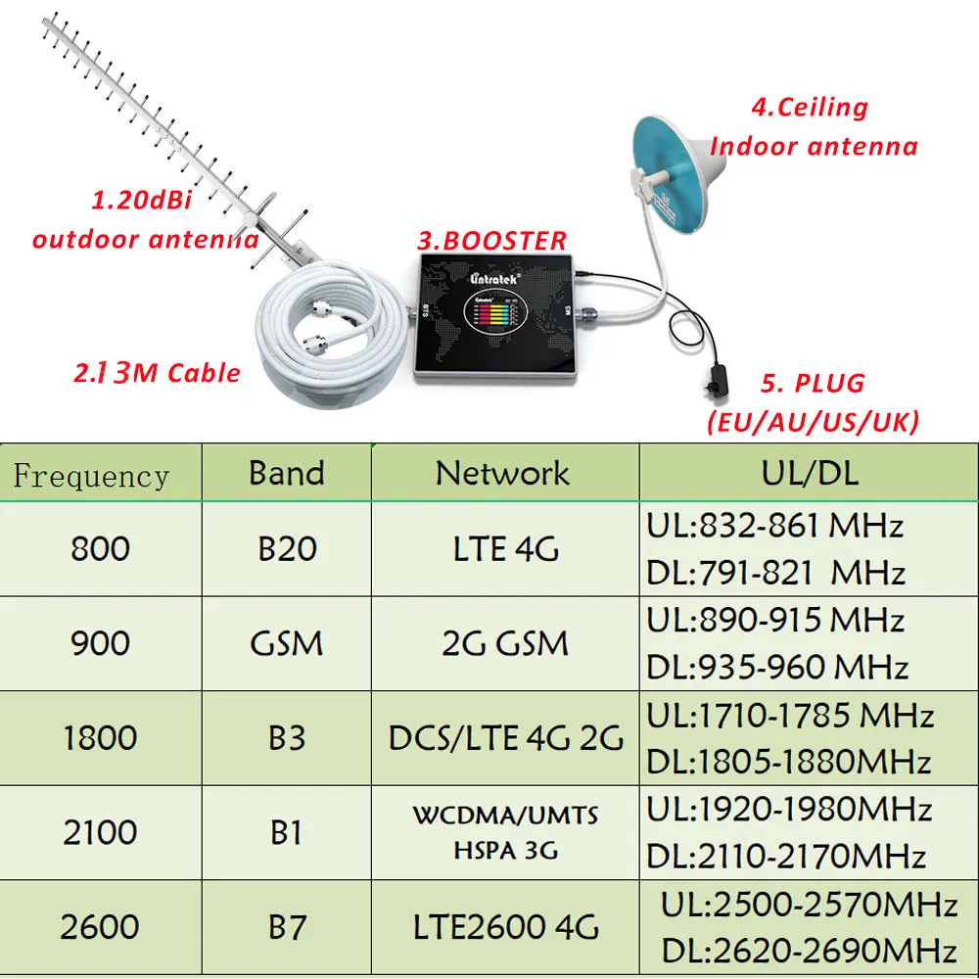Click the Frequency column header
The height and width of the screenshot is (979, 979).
coord(91,476)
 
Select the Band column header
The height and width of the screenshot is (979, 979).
coord(286,473)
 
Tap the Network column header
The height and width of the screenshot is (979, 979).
coord(502,473)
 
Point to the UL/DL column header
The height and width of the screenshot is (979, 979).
coord(809,473)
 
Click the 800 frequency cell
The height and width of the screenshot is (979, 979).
coord(100,548)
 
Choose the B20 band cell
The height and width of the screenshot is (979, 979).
coord(287,548)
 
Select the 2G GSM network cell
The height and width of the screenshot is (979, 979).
coord(504,643)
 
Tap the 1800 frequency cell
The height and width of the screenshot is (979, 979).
coord(100,737)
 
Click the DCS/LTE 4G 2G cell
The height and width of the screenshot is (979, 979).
coord(505,737)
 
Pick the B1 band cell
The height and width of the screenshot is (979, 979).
coord(286,832)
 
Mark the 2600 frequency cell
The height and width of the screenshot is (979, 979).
coord(100,926)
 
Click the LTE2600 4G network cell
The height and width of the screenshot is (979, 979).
coord(505,926)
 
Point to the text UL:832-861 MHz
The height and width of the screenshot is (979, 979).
coord(773,526)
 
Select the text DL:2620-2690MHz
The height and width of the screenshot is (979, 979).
coord(809,949)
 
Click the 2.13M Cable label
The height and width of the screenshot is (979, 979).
coord(157,373)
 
